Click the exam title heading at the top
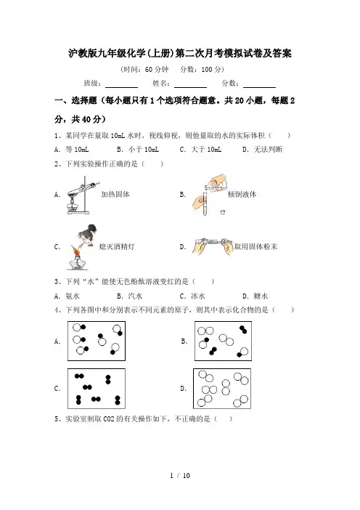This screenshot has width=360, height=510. [180, 53]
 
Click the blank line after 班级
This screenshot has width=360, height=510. [121, 87]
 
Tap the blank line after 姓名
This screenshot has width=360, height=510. [190, 87]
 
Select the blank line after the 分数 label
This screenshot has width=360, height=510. [259, 87]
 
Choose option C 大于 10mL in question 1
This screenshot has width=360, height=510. [200, 149]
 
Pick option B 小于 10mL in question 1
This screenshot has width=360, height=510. [138, 149]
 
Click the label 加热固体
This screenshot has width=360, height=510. [115, 194]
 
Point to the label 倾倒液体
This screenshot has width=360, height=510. [242, 194]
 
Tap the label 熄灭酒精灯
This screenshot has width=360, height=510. [117, 246]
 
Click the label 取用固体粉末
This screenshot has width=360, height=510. [255, 246]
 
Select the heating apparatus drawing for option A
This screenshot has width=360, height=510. [82, 195]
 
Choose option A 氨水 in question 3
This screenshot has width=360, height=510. [67, 296]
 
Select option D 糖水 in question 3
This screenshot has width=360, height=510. [255, 296]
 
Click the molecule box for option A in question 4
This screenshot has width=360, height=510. [97, 341]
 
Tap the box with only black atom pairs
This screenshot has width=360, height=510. [97, 389]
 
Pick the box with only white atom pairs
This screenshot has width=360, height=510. [222, 389]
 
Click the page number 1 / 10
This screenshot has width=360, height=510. [180, 475]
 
